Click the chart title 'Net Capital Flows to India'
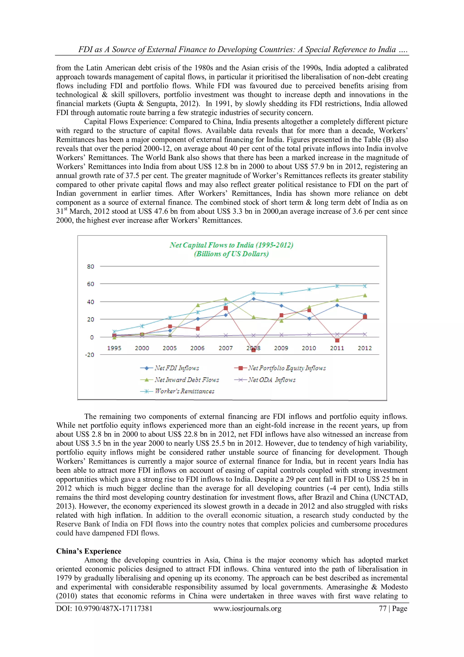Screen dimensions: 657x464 coord(231,245)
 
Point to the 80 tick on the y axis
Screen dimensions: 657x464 coord(90,266)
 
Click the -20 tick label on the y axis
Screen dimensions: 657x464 coord(90,355)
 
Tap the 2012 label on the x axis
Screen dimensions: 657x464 coord(365,348)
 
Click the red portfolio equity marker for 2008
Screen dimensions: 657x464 coord(253,350)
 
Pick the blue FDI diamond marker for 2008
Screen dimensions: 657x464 coord(253,299)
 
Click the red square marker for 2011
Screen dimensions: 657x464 coord(337,340)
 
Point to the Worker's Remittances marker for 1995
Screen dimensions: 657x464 coord(114,331)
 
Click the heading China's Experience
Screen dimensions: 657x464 coord(89,551)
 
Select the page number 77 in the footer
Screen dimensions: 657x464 coord(382,608)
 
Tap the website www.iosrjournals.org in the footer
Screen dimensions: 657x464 coord(247,608)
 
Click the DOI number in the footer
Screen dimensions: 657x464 coord(104,608)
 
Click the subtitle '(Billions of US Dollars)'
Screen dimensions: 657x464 coord(231,254)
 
